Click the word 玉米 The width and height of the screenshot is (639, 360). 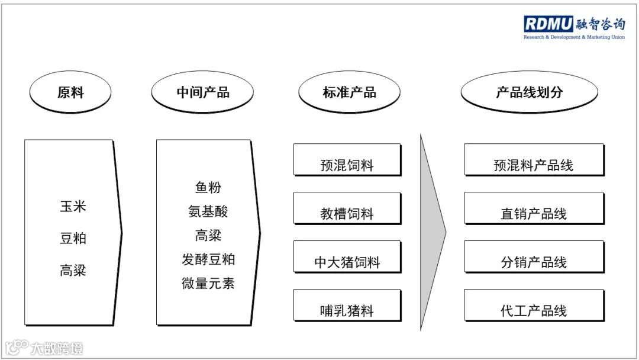coord(73,207)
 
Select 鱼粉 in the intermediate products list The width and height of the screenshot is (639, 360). coord(208,188)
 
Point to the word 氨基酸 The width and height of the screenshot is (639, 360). coord(208,211)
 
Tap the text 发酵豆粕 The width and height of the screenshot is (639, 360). coord(208,259)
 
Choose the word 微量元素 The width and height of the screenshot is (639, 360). coord(208,283)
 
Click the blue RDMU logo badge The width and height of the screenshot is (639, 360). coord(548,24)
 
